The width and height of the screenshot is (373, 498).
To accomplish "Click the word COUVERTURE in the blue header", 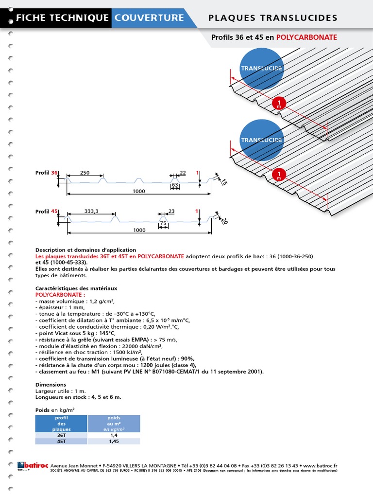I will [149, 18].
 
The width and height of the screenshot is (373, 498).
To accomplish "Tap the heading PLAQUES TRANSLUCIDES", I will [272, 18].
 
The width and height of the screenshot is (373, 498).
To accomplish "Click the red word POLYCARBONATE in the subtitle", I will [306, 37].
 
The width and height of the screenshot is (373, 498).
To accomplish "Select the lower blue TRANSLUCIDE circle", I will [262, 140].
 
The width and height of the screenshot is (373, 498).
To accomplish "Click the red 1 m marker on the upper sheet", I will [279, 104].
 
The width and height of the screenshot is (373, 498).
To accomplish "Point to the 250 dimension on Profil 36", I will [85, 173].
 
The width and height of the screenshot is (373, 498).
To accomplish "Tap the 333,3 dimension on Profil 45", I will [91, 212].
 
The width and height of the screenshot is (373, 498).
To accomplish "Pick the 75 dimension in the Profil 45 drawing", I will [164, 224].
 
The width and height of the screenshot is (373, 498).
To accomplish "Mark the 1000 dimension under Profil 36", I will [139, 191].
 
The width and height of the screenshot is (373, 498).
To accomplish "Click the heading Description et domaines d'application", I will [86, 250].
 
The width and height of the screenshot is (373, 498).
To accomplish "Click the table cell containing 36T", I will [61, 435].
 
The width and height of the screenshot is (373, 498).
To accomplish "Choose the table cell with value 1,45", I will [114, 441].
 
